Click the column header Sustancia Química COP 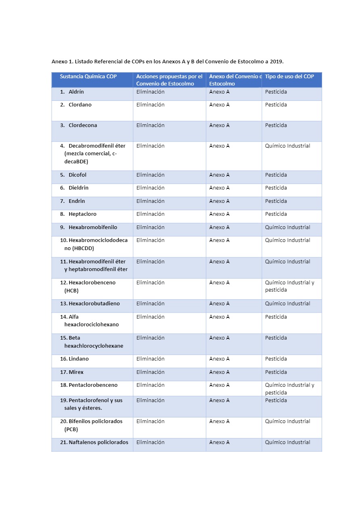click(x=88, y=76)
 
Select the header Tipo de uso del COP click(x=289, y=76)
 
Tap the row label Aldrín click(x=76, y=92)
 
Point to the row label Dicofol click(x=77, y=175)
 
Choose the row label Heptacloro click(x=82, y=214)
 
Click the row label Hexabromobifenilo click(x=93, y=227)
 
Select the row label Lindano click(x=79, y=359)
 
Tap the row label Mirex click(x=76, y=372)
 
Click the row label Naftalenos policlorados click(x=98, y=442)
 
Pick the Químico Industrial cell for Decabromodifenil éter click(x=287, y=146)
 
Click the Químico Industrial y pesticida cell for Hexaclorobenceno click(x=289, y=286)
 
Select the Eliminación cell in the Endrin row click(x=150, y=201)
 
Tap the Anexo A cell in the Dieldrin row click(x=219, y=188)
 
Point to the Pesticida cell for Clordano click(x=276, y=105)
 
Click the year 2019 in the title click(x=276, y=62)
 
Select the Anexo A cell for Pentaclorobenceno click(x=219, y=385)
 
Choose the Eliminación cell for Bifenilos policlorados click(x=150, y=421)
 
